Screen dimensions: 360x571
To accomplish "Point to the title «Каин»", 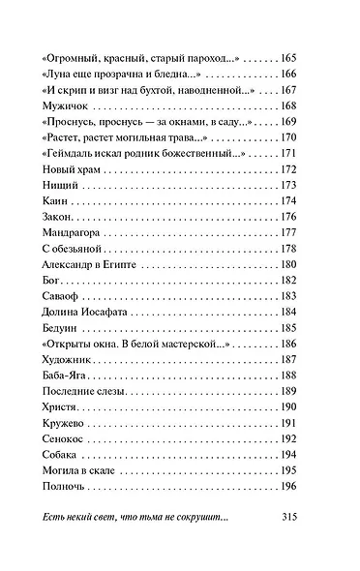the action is click(x=57, y=200).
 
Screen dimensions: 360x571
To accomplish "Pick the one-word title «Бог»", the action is click(x=54, y=280).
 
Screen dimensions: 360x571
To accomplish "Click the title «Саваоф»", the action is click(x=63, y=296).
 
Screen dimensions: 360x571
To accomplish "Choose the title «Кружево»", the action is click(x=67, y=423).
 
